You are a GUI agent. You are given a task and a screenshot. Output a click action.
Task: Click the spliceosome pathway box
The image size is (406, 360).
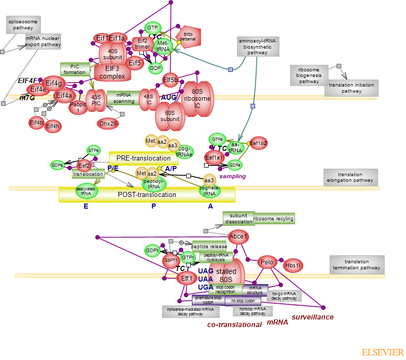[23, 24]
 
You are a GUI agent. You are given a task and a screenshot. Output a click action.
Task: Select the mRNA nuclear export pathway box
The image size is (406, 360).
[43, 42]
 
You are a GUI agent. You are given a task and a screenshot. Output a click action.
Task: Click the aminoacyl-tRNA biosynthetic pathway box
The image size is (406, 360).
[258, 46]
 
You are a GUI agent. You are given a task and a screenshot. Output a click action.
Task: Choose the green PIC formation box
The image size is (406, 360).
[74, 69]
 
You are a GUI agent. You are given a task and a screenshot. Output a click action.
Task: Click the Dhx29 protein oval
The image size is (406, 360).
[108, 123]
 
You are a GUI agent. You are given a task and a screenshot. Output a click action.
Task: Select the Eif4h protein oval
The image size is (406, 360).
[53, 126]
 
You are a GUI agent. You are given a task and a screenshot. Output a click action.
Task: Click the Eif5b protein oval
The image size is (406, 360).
[171, 79]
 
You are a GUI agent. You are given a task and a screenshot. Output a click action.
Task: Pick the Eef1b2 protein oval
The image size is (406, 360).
[258, 144]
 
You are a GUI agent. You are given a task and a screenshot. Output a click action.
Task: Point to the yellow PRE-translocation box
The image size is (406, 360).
[140, 158]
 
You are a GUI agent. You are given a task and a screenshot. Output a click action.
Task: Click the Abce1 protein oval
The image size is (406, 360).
[238, 236]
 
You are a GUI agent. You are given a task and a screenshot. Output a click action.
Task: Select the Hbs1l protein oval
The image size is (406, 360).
[293, 265]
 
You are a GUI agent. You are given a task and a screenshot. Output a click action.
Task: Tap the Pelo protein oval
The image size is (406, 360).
[267, 262]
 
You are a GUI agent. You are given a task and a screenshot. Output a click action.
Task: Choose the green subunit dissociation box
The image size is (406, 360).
[238, 218]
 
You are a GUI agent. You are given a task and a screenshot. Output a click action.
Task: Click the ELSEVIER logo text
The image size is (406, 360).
[383, 352]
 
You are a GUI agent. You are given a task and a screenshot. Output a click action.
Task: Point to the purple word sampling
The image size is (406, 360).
[232, 176]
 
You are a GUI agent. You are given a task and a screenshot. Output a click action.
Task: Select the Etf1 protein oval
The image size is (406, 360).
[186, 278]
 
